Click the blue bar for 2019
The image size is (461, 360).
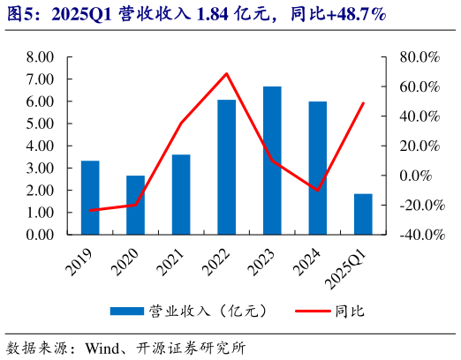[90, 198]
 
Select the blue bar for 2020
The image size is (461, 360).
[135, 205]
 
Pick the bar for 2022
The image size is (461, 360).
[227, 167]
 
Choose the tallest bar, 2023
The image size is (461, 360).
[272, 161]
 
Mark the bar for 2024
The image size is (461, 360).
[318, 168]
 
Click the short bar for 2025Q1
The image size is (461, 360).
[363, 214]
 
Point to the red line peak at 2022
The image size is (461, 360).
[227, 73]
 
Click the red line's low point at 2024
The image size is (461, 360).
[318, 190]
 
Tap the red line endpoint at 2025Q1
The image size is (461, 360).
[363, 103]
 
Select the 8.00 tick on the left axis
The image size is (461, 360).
[41, 57]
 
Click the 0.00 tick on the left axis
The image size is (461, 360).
[41, 236]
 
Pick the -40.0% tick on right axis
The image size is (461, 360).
[417, 236]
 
